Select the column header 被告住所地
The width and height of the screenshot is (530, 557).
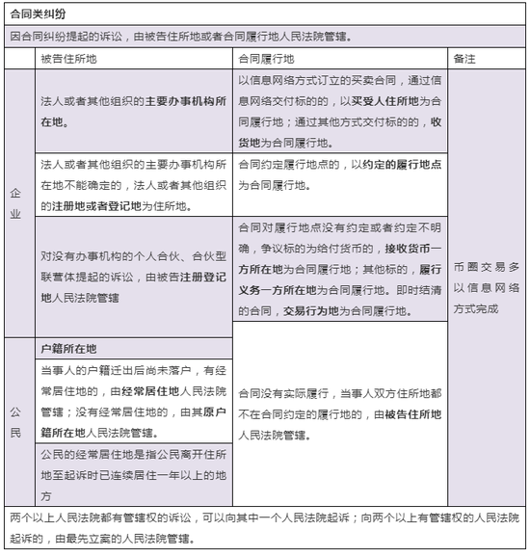69,59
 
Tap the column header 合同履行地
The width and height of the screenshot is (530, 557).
267,59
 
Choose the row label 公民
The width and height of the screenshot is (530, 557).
16,425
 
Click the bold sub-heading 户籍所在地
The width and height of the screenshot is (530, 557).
69,348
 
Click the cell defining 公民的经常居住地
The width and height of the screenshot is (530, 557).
134,474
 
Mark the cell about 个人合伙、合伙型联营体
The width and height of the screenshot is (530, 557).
134,278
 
